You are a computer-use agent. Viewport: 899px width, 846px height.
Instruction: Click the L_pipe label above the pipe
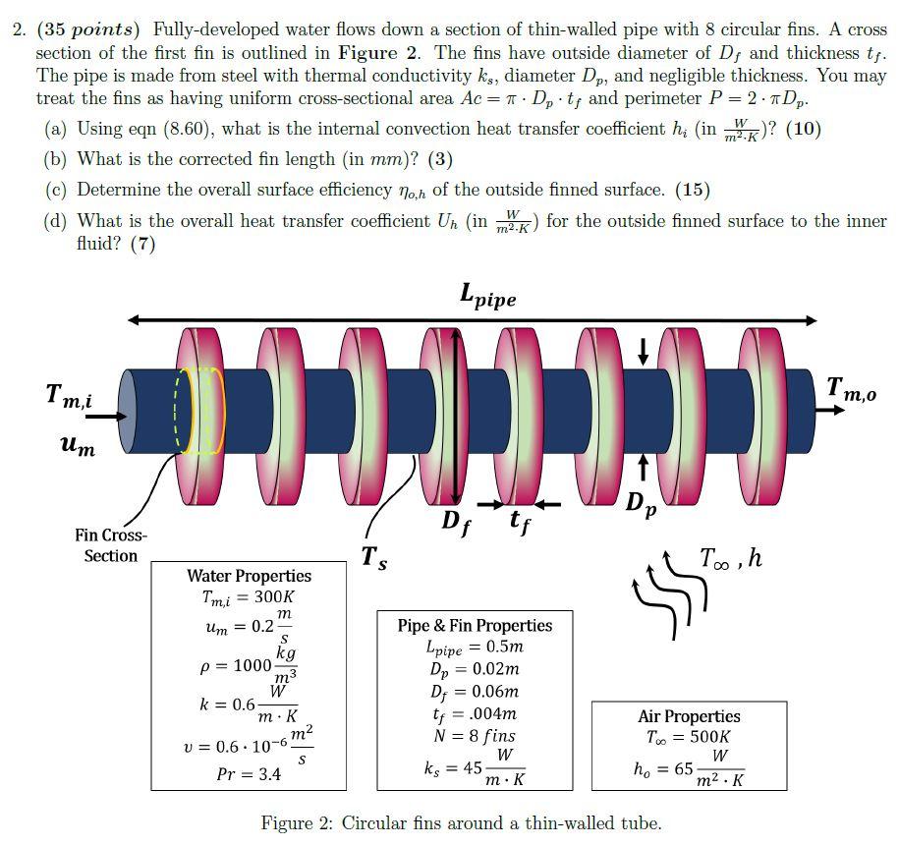(x=487, y=295)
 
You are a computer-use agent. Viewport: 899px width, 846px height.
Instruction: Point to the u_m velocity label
(x=79, y=447)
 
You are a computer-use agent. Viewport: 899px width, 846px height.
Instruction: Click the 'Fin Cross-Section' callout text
(x=110, y=545)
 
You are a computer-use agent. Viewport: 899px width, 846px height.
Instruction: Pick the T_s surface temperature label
(x=372, y=558)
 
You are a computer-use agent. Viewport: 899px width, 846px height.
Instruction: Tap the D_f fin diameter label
(x=455, y=522)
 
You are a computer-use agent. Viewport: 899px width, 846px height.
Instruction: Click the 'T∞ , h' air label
(x=731, y=558)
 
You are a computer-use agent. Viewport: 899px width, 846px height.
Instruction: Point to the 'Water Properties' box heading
(x=249, y=576)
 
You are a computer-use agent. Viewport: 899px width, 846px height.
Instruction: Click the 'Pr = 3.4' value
(x=249, y=774)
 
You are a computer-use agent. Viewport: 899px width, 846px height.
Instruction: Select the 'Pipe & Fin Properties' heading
(x=475, y=625)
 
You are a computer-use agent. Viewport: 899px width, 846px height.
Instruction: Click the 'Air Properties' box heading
(x=689, y=716)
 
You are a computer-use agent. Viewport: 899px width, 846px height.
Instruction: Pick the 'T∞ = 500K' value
(x=689, y=737)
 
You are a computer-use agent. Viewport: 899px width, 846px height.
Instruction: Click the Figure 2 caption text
(x=461, y=823)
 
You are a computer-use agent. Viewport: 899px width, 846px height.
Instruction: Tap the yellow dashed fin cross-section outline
(x=200, y=411)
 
